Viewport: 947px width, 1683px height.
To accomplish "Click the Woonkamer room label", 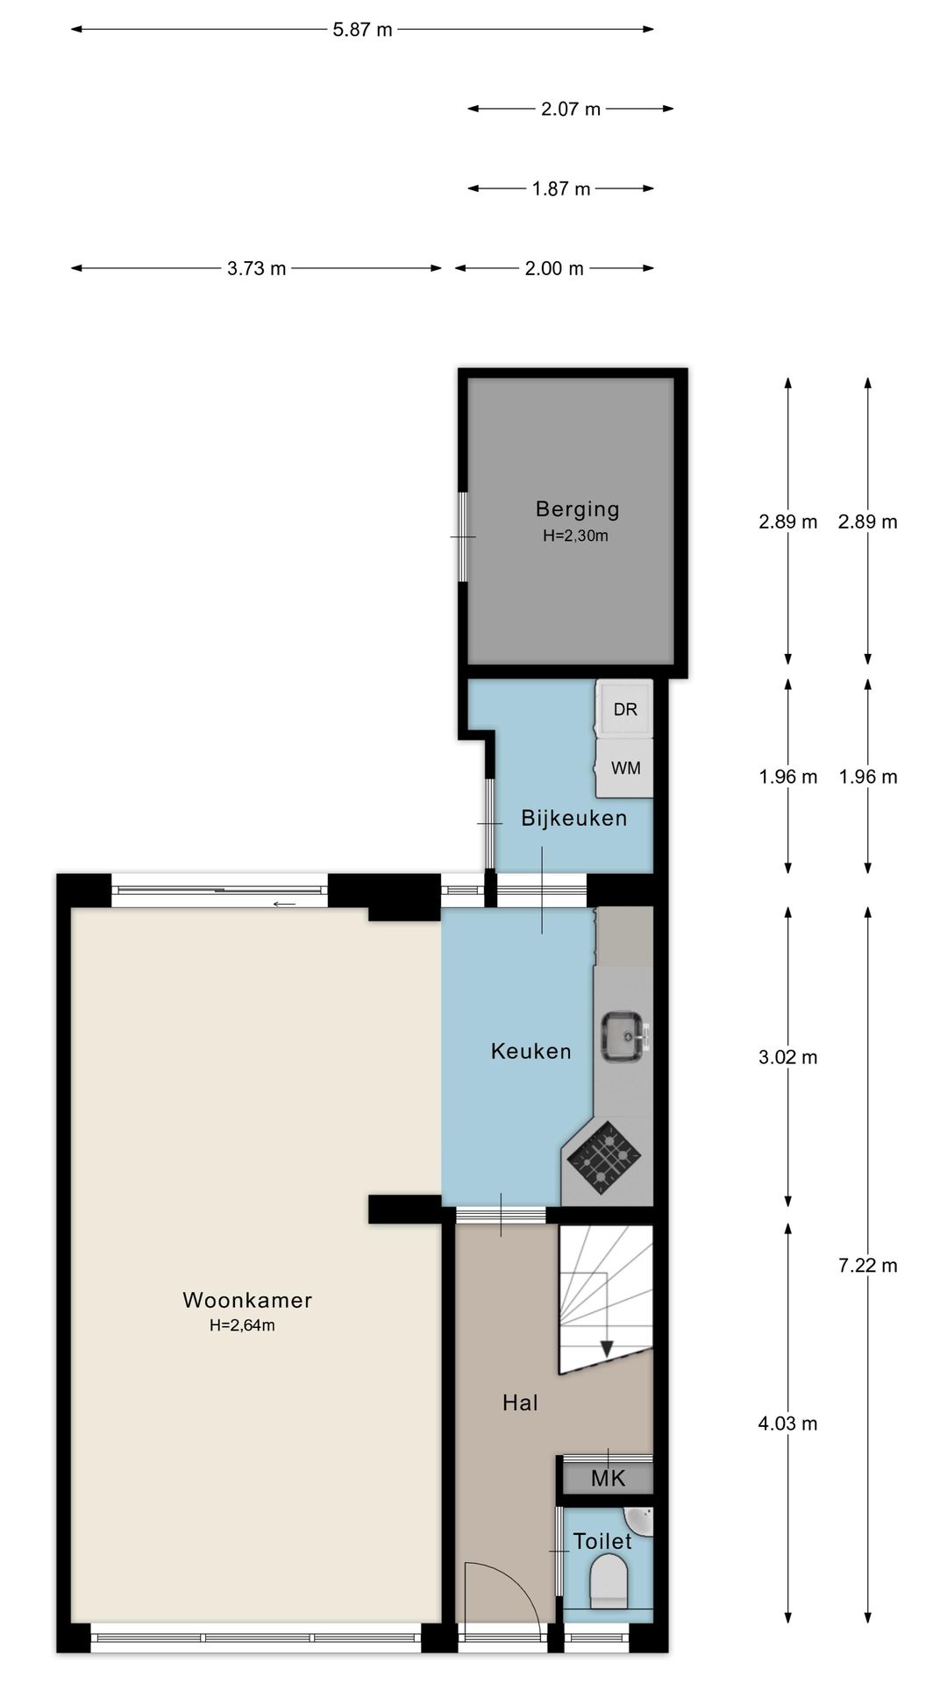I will click(246, 1300).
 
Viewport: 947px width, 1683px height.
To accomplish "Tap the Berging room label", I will click(577, 508).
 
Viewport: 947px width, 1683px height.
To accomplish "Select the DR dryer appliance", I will click(625, 709).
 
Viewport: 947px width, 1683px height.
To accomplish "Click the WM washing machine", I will click(625, 768).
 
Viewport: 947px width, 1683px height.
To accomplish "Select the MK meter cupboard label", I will click(608, 1480).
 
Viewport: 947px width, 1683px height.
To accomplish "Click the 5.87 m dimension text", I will click(362, 30).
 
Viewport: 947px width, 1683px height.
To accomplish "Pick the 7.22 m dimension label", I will click(867, 1265).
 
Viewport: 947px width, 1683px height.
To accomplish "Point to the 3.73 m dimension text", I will click(256, 268).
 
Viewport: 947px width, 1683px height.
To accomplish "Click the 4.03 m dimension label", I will click(787, 1424).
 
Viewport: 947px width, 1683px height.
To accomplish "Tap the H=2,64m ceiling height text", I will click(242, 1325).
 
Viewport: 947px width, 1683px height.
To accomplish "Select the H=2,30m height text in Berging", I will click(575, 536).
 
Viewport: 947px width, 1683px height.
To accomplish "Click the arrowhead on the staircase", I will click(606, 1348).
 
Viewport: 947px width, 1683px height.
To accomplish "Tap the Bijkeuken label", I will click(573, 818).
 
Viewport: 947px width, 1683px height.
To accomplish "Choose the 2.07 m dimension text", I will click(570, 109).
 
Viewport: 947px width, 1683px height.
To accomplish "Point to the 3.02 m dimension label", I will click(787, 1057).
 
